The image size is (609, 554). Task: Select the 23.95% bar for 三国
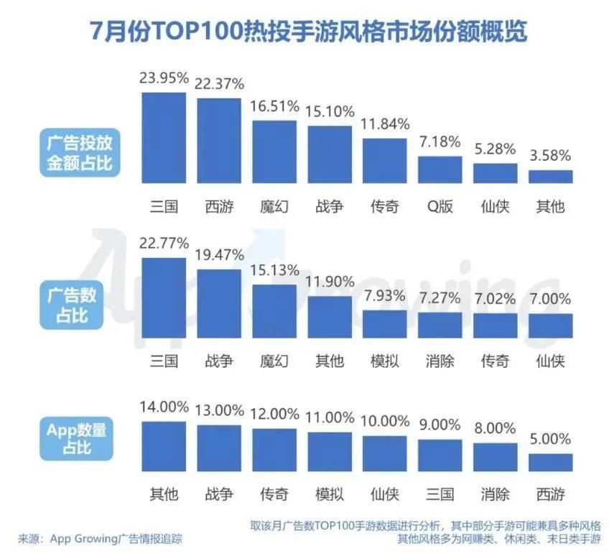[164, 137]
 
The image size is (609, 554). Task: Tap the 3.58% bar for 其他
[551, 176]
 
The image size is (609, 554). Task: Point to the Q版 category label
[440, 206]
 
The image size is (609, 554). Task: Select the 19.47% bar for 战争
[219, 303]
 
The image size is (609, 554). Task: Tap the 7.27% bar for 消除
[440, 325]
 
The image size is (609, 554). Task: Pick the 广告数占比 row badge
[72, 306]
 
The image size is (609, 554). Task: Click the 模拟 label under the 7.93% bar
[385, 360]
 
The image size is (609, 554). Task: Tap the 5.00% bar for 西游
[551, 461]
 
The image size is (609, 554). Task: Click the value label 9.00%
[440, 425]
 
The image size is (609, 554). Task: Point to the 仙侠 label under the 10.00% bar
[385, 494]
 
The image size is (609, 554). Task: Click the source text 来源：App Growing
[101, 537]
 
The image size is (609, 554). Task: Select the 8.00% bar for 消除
[496, 456]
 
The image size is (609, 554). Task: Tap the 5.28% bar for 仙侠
[496, 172]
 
